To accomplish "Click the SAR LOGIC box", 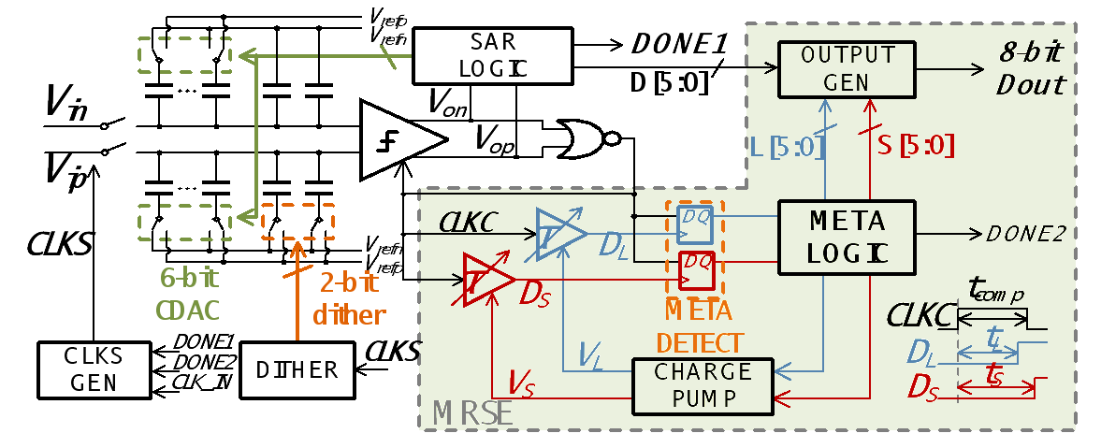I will [493, 55].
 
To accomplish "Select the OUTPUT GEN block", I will [847, 68].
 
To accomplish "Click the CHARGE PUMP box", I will [703, 383].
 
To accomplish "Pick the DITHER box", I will [297, 369].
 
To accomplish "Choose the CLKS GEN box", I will [94, 369].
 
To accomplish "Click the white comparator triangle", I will [398, 140].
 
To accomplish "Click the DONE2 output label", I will [1027, 235].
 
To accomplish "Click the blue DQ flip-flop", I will [695, 217].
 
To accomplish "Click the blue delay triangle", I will [559, 230].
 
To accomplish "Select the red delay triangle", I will [486, 279].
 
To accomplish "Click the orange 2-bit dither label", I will [349, 299].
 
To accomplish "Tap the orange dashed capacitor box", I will [297, 221].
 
